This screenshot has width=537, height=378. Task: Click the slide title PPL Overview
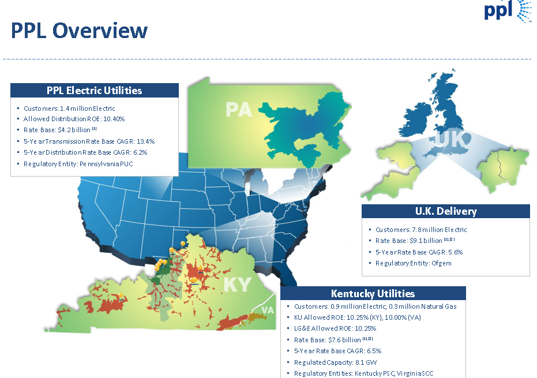[x=79, y=31]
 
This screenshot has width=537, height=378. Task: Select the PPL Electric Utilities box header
[x=94, y=91]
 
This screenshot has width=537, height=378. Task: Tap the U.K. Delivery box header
[x=445, y=211]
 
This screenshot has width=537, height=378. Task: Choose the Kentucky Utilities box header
[x=373, y=293]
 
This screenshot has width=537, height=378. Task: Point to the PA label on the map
[x=239, y=110]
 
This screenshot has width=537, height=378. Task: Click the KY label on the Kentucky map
[x=238, y=284]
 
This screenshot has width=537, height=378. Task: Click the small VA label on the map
[x=267, y=310]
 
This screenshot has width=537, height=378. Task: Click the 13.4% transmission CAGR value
[x=144, y=141]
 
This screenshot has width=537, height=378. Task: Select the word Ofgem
[x=441, y=263]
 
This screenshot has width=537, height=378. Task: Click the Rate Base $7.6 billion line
[x=333, y=340]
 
